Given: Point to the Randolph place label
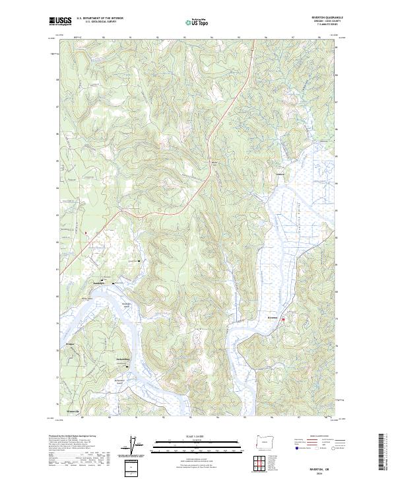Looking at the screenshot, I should click(x=99, y=282).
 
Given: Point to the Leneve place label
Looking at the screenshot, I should click(x=279, y=175).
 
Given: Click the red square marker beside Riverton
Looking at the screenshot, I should click(x=284, y=320).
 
